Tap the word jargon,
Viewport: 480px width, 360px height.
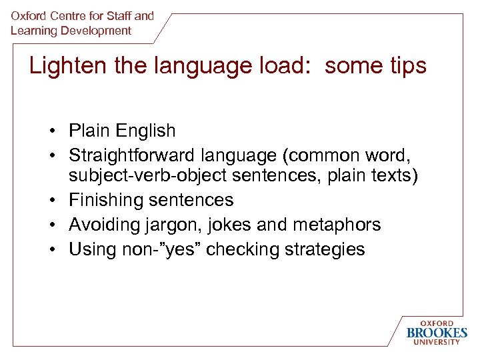(174, 225)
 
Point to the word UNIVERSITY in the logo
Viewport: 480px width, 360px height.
(437, 343)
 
